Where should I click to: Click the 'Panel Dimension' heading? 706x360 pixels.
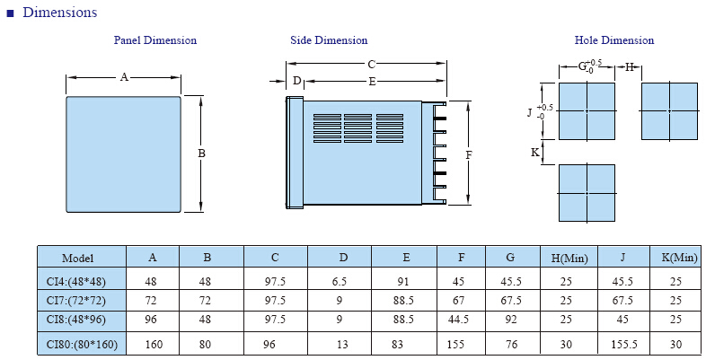[154, 40]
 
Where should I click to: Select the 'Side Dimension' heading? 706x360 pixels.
[329, 40]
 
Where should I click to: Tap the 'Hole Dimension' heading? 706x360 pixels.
[614, 40]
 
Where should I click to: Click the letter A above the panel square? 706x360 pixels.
[124, 77]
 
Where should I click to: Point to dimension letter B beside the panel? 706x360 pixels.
[202, 154]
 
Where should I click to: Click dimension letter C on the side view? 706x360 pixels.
[372, 65]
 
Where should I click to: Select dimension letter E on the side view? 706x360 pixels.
[372, 82]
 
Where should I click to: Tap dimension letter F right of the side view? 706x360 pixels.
[469, 155]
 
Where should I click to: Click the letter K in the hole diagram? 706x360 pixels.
[535, 153]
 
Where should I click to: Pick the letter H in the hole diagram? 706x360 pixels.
[630, 67]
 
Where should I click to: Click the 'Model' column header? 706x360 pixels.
[78, 258]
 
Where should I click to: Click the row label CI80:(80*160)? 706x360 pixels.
[82, 345]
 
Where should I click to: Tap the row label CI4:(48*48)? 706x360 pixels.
[76, 282]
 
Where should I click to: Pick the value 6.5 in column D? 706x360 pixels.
[339, 282]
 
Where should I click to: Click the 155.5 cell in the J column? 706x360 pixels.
[624, 345]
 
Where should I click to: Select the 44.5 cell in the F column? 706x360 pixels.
[458, 320]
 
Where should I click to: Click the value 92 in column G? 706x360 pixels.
[511, 320]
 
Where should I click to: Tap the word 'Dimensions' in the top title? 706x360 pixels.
[60, 13]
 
